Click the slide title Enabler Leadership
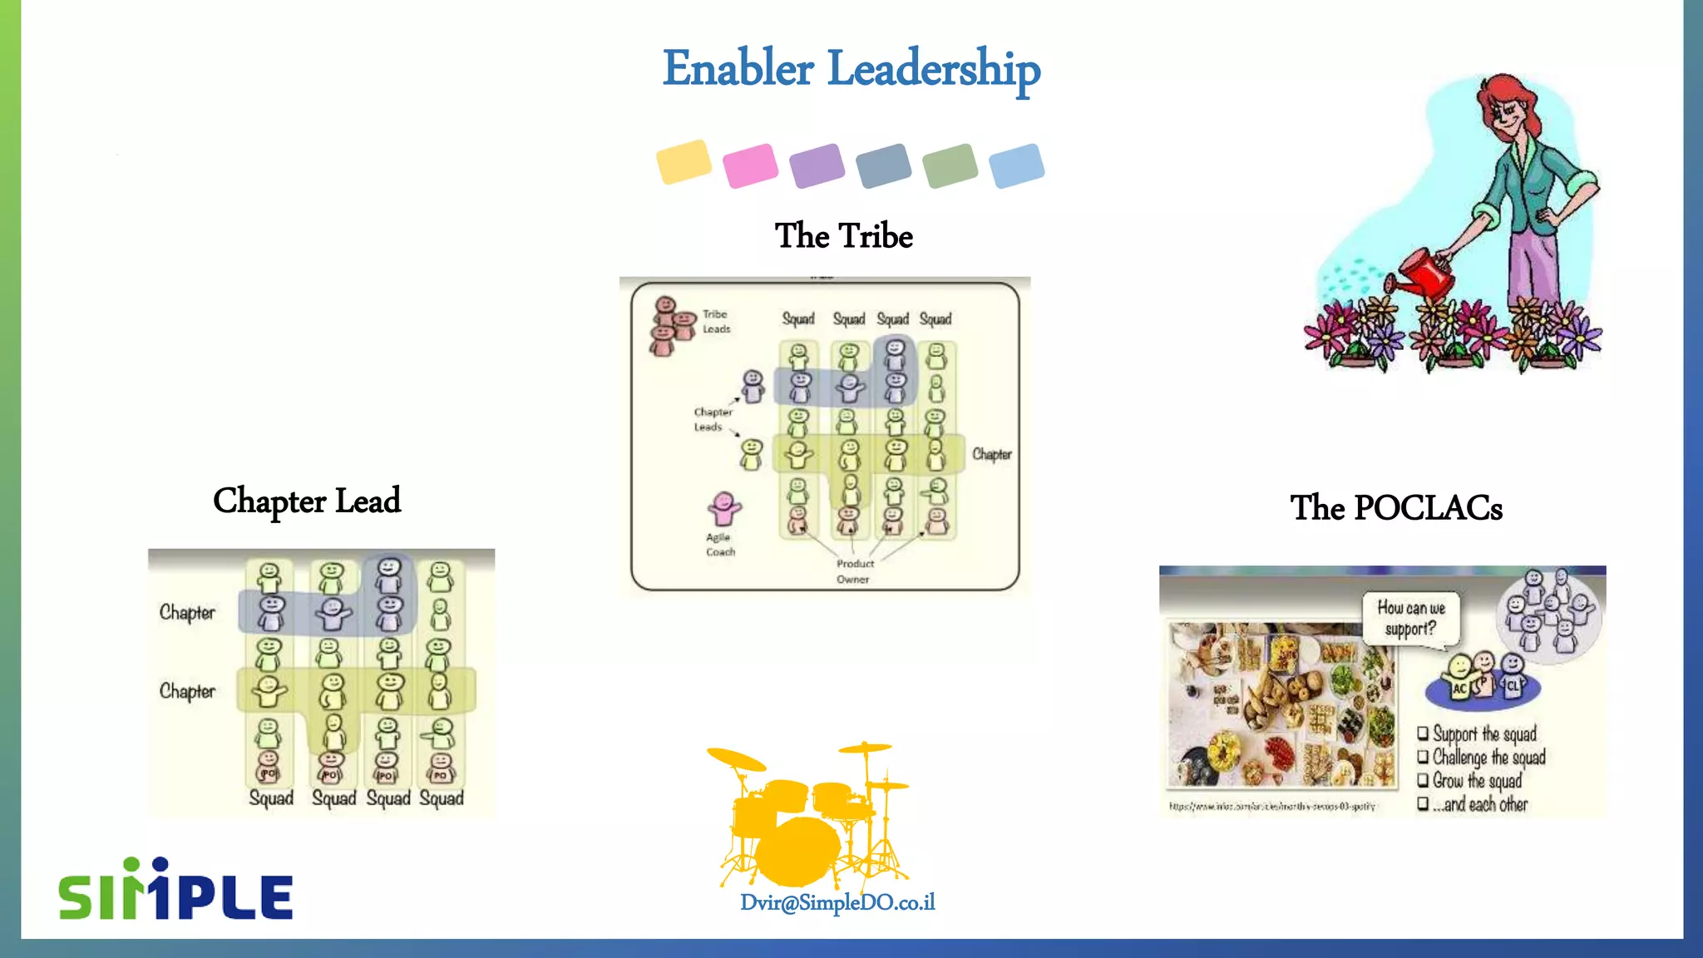tap(851, 68)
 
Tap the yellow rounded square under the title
tap(684, 161)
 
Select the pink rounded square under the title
tap(750, 165)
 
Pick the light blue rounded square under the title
tap(1016, 165)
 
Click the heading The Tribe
tap(843, 236)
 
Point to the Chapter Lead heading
tap(307, 501)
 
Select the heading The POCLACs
tap(1396, 508)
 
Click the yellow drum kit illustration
tap(807, 815)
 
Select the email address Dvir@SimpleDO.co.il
tap(837, 902)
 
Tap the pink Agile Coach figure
tap(723, 508)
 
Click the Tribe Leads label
tap(716, 322)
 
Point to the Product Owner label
tap(854, 571)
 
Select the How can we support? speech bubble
tap(1411, 619)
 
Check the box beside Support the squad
tap(1423, 733)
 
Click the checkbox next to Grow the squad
tap(1423, 780)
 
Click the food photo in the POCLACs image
tap(1281, 705)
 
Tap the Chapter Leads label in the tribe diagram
tap(712, 419)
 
